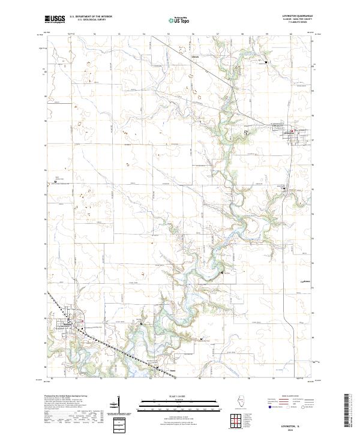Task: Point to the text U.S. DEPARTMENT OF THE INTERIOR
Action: point(91,17)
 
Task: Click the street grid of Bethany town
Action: point(69,325)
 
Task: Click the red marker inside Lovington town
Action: point(292,132)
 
